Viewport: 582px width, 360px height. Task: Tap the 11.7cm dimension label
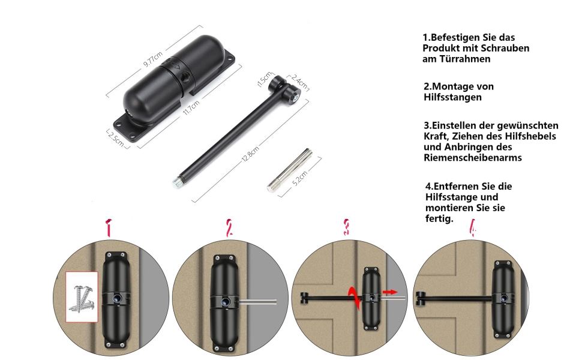(x=191, y=107)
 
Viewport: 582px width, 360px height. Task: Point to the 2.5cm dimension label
(x=116, y=139)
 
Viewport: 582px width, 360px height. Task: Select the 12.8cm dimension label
(x=251, y=154)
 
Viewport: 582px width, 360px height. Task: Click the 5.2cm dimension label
(x=300, y=178)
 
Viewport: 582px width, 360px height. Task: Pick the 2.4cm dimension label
(x=299, y=82)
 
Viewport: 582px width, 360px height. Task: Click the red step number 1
(x=109, y=228)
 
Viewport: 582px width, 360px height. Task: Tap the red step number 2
(x=229, y=228)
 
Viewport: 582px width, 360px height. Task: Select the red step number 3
(x=346, y=227)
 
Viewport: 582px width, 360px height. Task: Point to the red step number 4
(x=473, y=227)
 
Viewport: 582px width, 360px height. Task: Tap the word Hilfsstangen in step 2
(x=453, y=97)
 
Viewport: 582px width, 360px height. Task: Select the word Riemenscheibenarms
(x=473, y=158)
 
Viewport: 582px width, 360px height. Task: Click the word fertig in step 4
(x=438, y=218)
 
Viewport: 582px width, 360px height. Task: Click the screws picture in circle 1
(x=82, y=297)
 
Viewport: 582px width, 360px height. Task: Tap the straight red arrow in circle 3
(x=390, y=292)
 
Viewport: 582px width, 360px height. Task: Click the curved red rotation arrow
(x=355, y=297)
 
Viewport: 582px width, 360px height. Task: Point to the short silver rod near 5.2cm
(x=290, y=170)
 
